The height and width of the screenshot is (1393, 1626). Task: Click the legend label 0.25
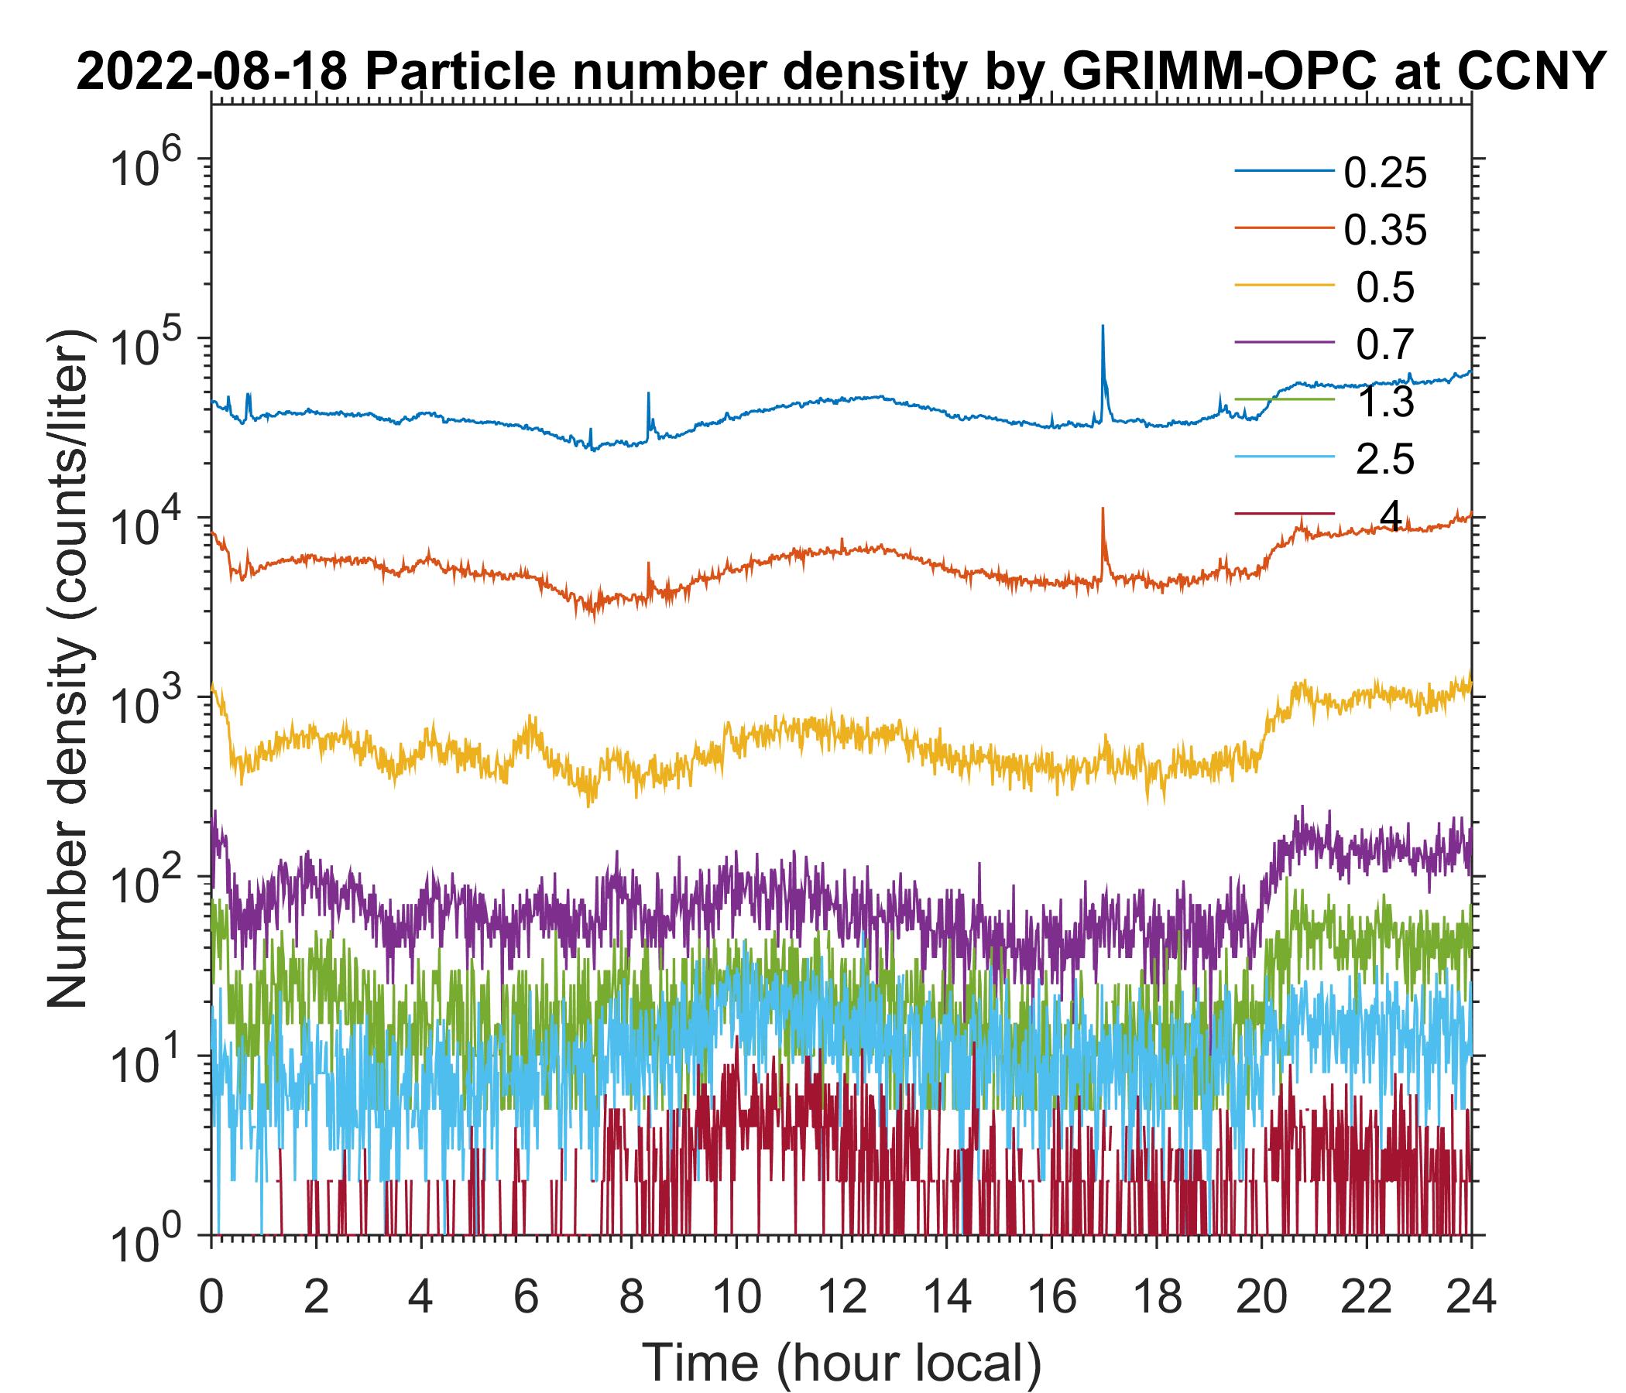click(x=1384, y=173)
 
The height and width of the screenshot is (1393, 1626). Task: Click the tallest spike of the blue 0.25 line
click(x=1103, y=327)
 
